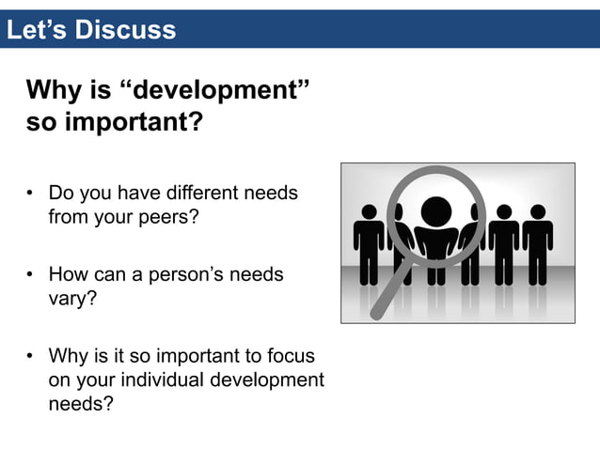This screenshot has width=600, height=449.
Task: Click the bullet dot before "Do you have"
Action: tap(30, 194)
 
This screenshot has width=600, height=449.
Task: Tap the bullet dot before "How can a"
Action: tap(30, 276)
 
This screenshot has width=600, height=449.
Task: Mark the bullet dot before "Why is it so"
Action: tap(30, 358)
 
